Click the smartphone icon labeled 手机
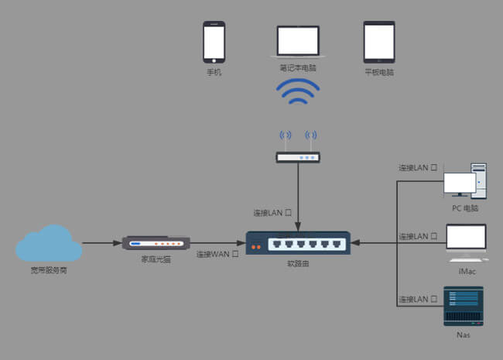214,42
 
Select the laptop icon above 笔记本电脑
298,42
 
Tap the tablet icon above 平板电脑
379,42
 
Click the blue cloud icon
49,243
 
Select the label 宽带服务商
49,272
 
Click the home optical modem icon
156,243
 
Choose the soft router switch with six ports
298,243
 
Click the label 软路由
298,264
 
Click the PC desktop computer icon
465,183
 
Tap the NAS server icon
464,307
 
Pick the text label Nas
463,335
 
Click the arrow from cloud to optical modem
101,243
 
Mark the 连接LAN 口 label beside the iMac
418,236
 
